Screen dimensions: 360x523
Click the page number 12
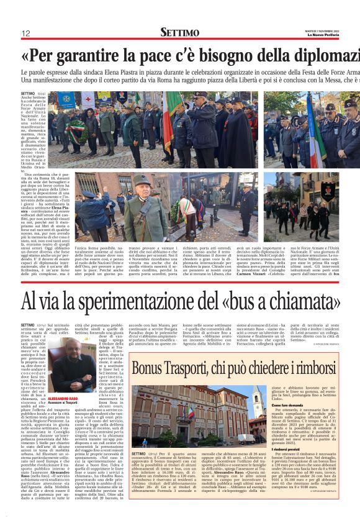coord(26,33)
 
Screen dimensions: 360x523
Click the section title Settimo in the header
coord(179,32)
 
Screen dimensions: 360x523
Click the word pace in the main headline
coord(155,56)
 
